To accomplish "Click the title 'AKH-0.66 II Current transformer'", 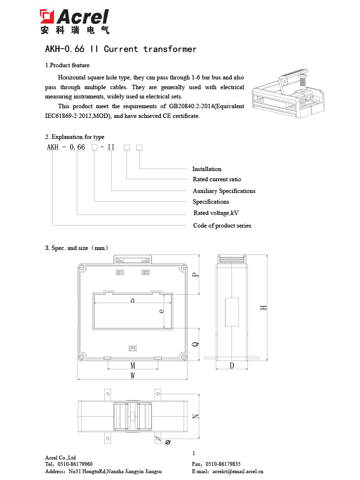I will (121, 49).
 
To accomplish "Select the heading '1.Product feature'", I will (67, 65).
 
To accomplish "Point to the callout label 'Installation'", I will (207, 169).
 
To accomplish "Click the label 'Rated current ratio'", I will (217, 179).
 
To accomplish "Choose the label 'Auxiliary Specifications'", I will (224, 191).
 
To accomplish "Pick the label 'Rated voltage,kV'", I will (216, 213).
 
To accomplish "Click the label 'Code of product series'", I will (222, 226).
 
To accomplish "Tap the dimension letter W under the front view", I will (133, 375).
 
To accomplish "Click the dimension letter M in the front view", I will (133, 365).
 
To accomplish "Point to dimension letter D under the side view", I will (232, 365).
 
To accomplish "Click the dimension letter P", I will (195, 275).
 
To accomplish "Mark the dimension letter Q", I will (195, 344).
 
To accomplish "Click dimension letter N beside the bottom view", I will (195, 417).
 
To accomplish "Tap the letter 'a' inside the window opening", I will (133, 300).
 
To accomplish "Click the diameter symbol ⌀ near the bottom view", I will (168, 442).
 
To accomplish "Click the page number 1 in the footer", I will (194, 453).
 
